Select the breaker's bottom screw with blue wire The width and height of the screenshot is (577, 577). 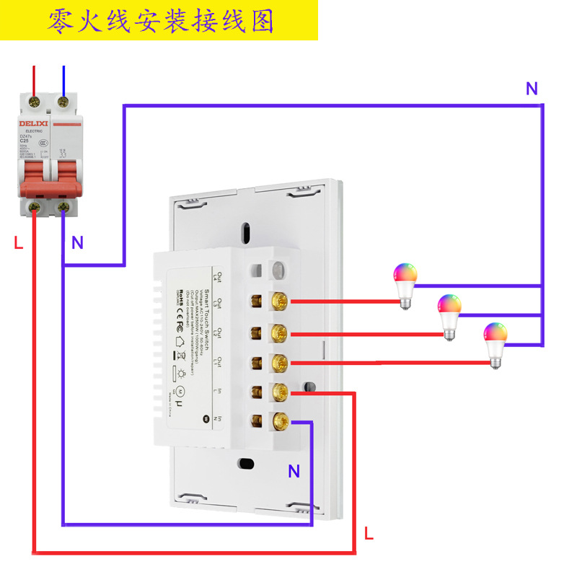pos(63,208)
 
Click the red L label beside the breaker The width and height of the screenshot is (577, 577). pos(19,243)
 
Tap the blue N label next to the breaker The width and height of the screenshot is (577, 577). pos(77,243)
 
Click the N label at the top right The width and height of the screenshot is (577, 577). pos(532,89)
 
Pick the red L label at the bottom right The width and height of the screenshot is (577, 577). pos(369,534)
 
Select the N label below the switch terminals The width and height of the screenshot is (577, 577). pos(294,472)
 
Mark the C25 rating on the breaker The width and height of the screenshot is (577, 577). pos(24,142)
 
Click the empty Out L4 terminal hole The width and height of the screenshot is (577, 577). pos(255,271)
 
